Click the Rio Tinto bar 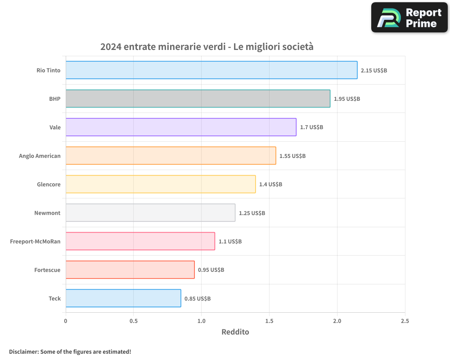click(211, 70)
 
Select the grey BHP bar click(198, 99)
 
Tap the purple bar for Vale click(181, 127)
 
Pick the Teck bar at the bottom click(123, 298)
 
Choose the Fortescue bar click(130, 270)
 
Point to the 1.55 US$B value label click(292, 156)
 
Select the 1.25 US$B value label click(252, 213)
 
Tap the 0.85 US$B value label click(198, 298)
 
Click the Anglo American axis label click(40, 156)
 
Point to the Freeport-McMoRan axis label click(35, 241)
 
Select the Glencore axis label click(49, 184)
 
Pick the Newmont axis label click(47, 213)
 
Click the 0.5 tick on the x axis click(134, 321)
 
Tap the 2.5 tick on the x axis click(405, 321)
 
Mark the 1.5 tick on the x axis click(269, 321)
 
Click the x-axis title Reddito click(235, 332)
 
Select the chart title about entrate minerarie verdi click(207, 47)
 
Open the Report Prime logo click(409, 18)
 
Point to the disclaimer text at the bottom click(70, 351)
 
